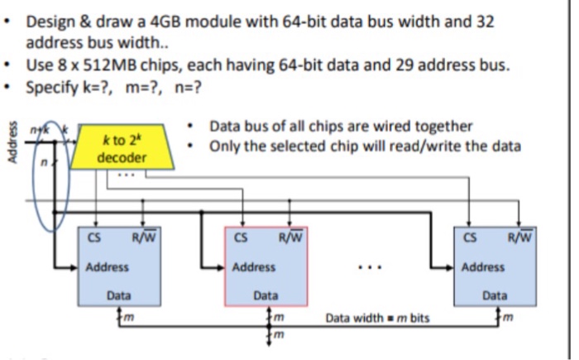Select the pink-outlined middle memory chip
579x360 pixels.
pyautogui.click(x=266, y=268)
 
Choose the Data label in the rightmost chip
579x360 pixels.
pyautogui.click(x=495, y=295)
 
